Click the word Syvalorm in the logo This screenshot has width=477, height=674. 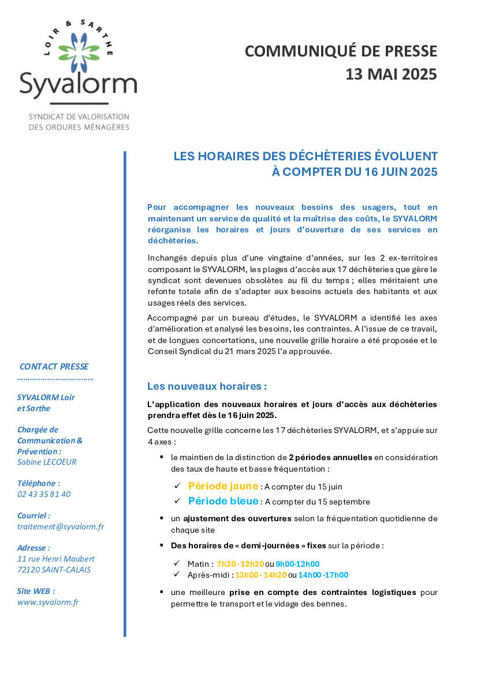tap(78, 85)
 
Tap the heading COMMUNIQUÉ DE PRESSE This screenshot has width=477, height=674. tap(341, 51)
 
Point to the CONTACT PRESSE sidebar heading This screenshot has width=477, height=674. tap(54, 367)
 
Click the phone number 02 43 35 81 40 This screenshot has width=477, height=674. tap(44, 494)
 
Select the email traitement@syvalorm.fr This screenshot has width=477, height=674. tap(61, 526)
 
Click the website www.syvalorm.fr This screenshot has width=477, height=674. tap(48, 602)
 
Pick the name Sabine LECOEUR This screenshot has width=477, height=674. tap(47, 462)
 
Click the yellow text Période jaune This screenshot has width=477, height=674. tap(223, 486)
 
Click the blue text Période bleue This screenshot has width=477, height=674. tap(223, 501)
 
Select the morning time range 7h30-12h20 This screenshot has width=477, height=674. tap(240, 564)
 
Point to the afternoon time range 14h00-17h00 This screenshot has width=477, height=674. tap(323, 575)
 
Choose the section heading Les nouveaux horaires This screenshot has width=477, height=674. tap(207, 386)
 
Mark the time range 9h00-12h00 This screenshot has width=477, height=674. tap(297, 564)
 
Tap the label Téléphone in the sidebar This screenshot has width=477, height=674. tap(39, 483)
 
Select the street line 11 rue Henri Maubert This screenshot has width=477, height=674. tap(56, 559)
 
